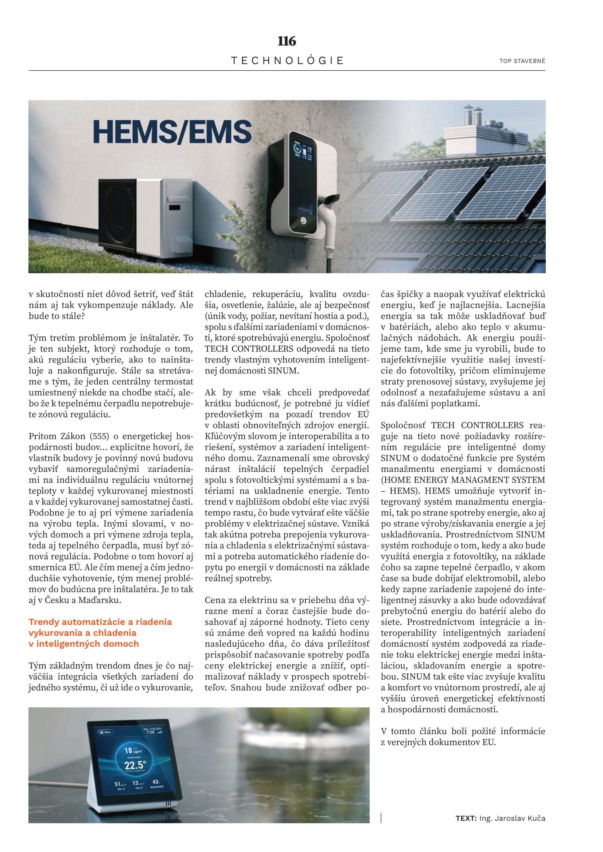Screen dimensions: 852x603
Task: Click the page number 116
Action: click(287, 41)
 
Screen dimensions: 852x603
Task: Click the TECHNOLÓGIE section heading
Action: click(287, 60)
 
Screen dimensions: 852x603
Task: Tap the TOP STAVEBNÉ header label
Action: click(522, 61)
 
